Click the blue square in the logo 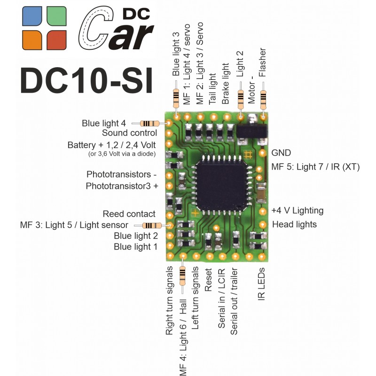click(x=32, y=16)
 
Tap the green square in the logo click(x=56, y=16)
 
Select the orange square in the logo click(x=32, y=40)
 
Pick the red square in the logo click(x=56, y=40)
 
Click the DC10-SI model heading click(x=86, y=80)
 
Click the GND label click(x=281, y=153)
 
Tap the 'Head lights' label click(x=295, y=225)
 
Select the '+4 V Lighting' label click(x=298, y=211)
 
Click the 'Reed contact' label click(x=129, y=214)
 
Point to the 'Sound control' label click(x=130, y=133)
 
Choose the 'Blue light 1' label click(x=136, y=247)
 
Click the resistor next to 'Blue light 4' click(x=149, y=124)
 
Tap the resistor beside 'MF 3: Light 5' click(x=152, y=226)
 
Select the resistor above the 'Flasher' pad click(x=263, y=99)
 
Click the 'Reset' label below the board click(x=208, y=280)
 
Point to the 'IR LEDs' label click(x=261, y=284)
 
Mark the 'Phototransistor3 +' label click(x=122, y=186)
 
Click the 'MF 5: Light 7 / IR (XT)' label click(x=315, y=167)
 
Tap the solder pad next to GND click(x=263, y=153)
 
